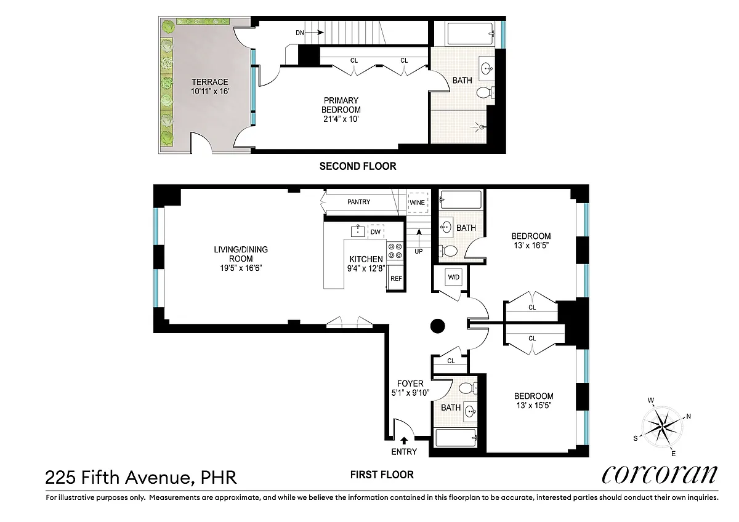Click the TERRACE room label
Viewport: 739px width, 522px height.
(210, 82)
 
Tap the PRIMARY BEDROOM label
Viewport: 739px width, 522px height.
(341, 105)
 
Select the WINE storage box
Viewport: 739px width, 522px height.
(418, 203)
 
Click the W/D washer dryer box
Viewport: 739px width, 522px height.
(454, 277)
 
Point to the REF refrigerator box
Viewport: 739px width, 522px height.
(396, 278)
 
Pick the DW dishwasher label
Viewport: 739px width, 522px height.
(376, 232)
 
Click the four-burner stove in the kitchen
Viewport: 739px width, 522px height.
(395, 251)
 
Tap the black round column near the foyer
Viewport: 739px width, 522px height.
(438, 326)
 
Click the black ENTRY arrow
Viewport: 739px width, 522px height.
(404, 441)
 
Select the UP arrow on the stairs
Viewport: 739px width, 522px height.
(419, 236)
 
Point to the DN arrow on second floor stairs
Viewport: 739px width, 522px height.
(316, 32)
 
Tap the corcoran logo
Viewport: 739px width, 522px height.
(660, 475)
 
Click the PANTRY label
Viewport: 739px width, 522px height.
(358, 202)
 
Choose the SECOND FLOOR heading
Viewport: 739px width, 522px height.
(358, 166)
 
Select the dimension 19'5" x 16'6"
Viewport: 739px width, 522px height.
(241, 268)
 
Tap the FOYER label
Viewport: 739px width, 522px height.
(410, 383)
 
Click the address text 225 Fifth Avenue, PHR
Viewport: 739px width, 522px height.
(141, 477)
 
